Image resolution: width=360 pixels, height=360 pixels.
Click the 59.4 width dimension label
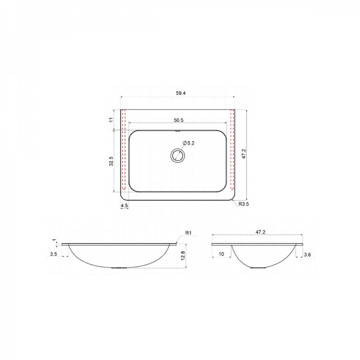click(181, 93)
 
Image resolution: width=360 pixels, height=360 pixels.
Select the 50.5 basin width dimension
click(179, 120)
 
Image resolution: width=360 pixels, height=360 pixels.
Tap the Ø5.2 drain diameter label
click(188, 143)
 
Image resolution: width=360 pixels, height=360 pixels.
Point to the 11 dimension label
click(111, 120)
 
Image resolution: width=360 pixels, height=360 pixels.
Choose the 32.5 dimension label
click(111, 161)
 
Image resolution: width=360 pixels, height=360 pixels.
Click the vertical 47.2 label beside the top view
click(244, 154)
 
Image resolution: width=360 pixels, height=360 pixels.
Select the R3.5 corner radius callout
click(244, 204)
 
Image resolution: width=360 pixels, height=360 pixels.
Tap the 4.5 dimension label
click(124, 206)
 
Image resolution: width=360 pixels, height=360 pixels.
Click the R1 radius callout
click(188, 233)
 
